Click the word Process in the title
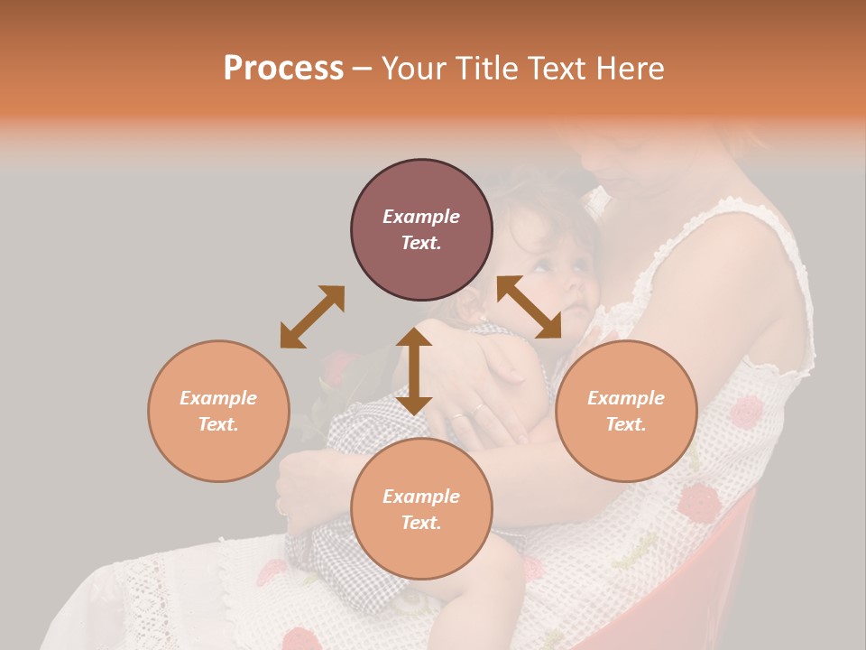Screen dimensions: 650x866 283,68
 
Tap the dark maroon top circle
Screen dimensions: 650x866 421,229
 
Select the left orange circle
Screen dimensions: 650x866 218,411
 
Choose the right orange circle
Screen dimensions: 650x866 626,411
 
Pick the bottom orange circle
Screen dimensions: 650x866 421,509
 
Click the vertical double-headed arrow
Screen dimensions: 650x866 414,371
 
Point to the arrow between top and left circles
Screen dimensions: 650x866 312,317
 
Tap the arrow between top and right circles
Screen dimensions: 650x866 530,307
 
